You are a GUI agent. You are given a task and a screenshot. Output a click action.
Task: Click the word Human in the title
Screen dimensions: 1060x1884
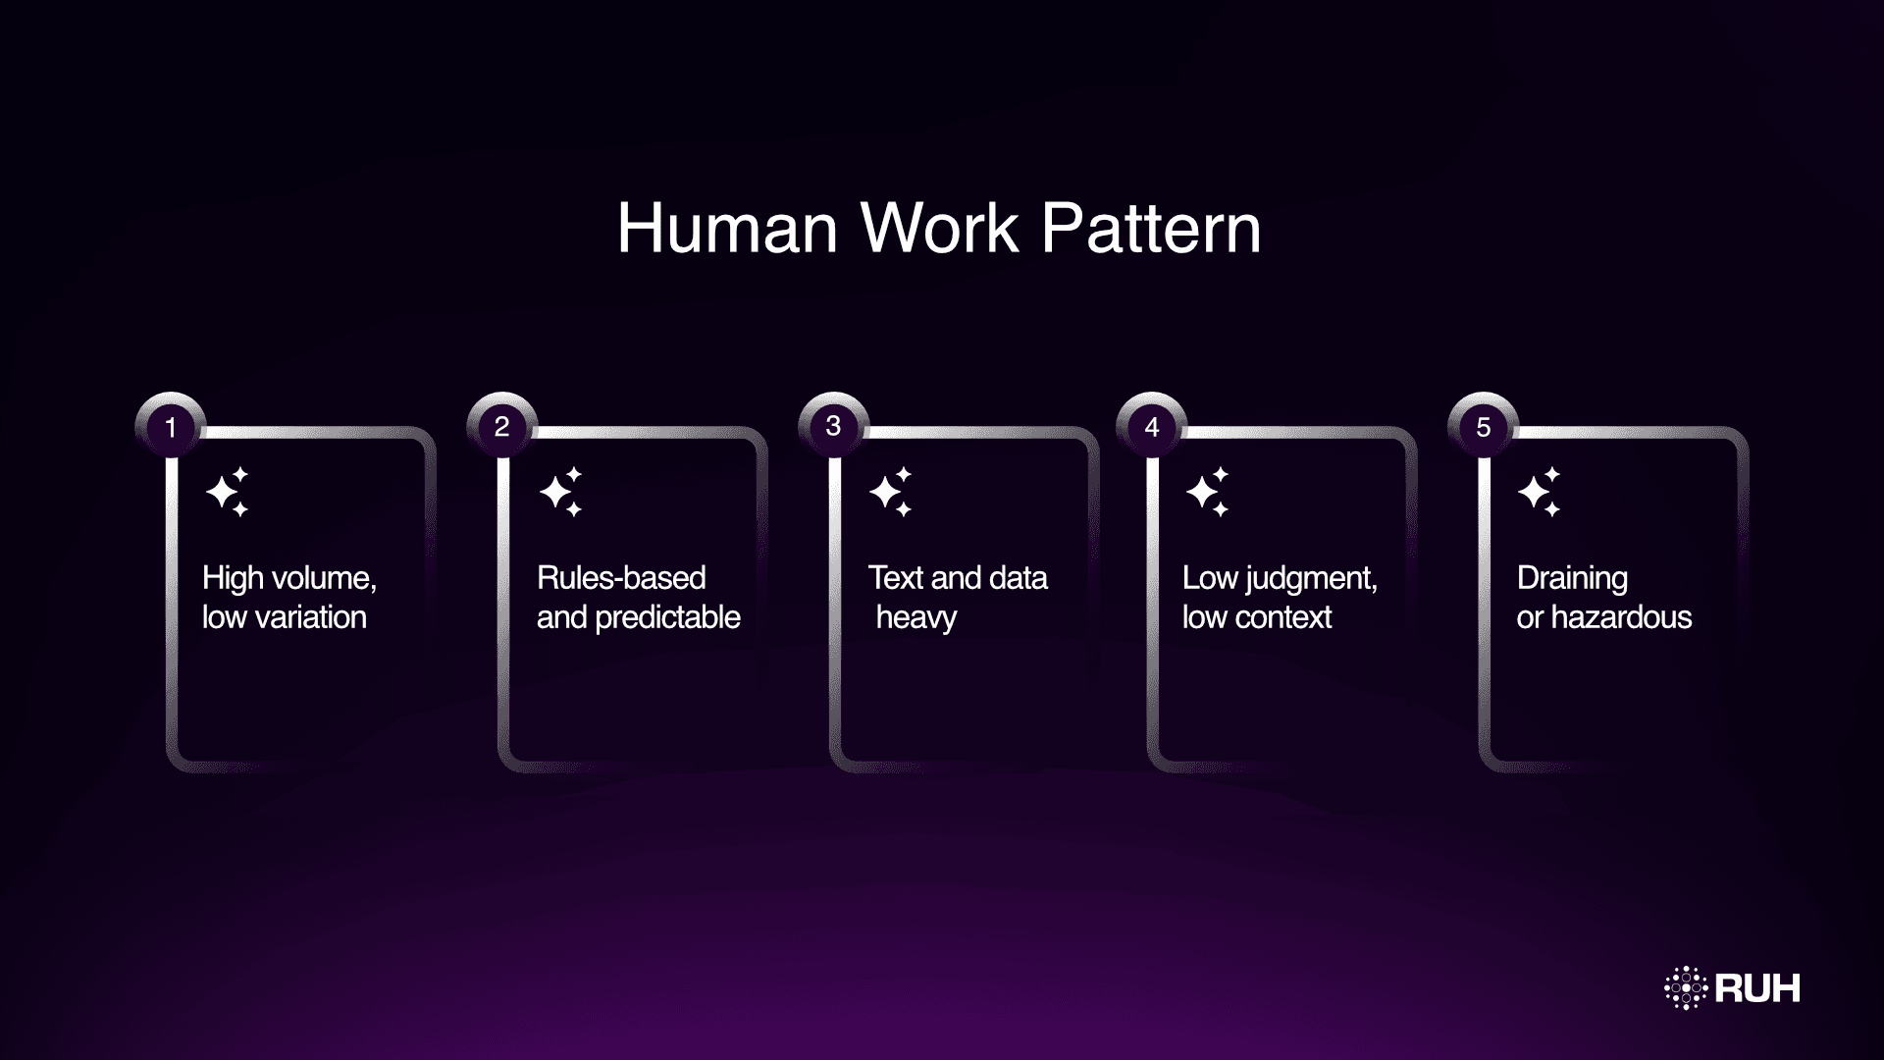point(727,229)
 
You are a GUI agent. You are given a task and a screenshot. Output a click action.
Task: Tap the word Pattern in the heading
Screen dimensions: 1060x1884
point(1150,229)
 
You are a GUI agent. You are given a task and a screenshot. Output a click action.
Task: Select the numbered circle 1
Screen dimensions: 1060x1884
point(171,427)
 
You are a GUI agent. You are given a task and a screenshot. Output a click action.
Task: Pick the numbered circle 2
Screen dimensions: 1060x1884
point(501,427)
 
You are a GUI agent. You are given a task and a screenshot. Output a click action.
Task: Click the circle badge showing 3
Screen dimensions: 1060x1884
point(833,426)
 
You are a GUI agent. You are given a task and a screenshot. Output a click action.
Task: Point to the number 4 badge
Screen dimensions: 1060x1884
point(1152,427)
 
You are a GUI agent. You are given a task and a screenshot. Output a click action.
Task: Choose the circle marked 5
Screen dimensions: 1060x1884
point(1483,427)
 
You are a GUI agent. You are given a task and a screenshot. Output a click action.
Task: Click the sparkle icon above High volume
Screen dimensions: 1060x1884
point(228,492)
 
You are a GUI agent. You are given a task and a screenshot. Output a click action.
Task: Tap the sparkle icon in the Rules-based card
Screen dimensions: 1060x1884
point(561,492)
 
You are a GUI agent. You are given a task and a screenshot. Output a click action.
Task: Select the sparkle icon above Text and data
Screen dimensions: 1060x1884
point(891,492)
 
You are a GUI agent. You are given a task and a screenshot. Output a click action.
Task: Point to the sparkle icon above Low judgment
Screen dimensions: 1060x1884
point(1208,492)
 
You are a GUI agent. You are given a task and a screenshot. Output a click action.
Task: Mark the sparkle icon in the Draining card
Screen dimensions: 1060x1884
point(1540,492)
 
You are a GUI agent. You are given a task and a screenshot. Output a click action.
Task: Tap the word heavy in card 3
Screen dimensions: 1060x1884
point(916,618)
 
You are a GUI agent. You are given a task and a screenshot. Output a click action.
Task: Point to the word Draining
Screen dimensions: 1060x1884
point(1572,579)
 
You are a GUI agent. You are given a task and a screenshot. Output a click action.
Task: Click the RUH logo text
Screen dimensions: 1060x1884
point(1757,988)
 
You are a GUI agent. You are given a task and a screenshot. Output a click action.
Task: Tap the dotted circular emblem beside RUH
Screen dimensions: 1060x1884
point(1686,987)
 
